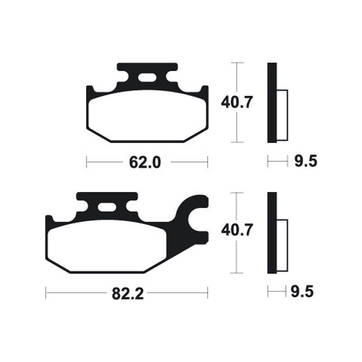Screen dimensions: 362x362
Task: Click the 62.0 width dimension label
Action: click(145, 162)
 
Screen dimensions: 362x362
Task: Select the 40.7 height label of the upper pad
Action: click(236, 103)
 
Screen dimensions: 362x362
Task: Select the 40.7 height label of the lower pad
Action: click(236, 231)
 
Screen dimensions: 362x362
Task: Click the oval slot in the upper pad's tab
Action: click(147, 78)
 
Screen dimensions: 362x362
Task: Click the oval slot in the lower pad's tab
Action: click(107, 208)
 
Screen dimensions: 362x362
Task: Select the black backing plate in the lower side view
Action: click(271, 233)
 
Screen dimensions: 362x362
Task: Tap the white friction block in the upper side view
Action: click(282, 115)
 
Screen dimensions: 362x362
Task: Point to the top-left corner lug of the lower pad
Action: click(49, 220)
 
